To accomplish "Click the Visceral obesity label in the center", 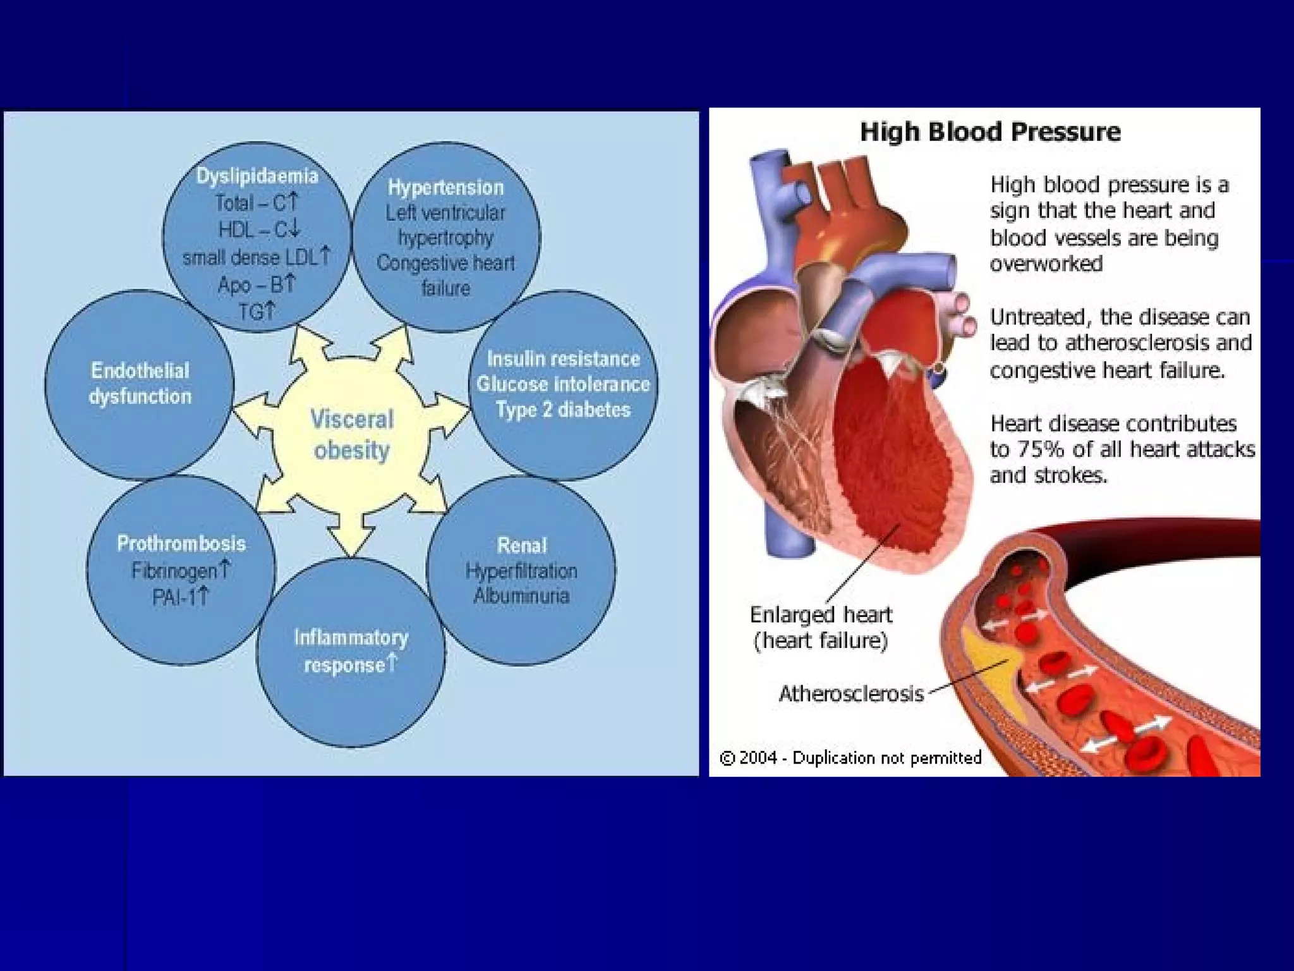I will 352,435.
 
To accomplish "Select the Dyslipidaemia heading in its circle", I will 257,176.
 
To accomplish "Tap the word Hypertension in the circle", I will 445,187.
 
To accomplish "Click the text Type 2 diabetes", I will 563,410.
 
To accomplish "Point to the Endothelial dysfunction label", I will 140,383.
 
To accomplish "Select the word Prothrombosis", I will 181,543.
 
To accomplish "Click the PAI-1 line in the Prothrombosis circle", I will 180,597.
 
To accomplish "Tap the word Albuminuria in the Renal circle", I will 521,595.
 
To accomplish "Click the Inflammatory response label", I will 351,650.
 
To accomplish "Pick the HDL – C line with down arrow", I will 258,229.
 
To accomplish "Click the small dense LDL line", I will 256,257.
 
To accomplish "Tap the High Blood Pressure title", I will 990,132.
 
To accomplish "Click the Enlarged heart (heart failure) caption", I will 821,627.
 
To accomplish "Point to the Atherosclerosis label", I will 851,693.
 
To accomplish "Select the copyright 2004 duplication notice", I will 850,757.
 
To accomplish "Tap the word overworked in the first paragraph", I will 1046,264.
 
